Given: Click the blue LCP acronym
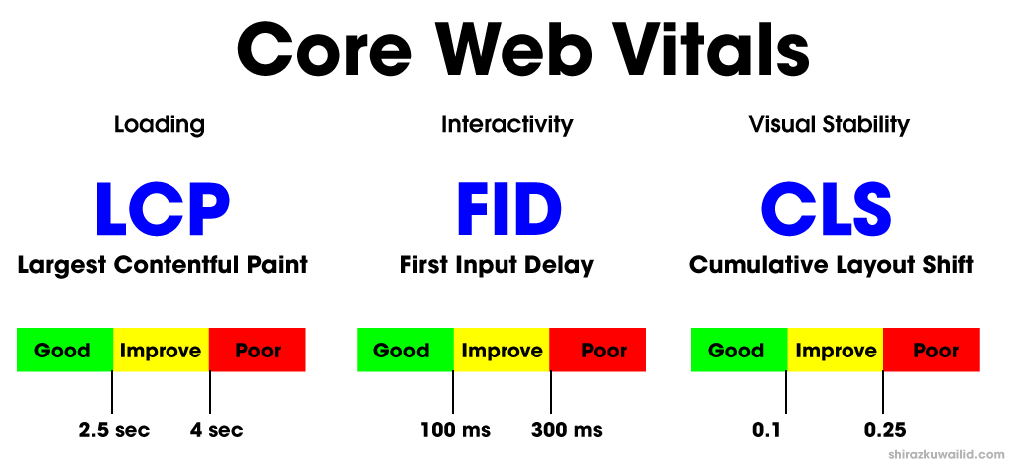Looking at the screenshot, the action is click(x=163, y=208).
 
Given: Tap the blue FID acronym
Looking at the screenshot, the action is click(x=508, y=208).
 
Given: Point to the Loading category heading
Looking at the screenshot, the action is click(x=160, y=124).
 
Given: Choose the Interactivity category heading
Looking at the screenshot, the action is click(x=507, y=124).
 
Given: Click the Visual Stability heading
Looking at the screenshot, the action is click(x=829, y=124).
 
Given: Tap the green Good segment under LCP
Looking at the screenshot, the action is click(x=65, y=350).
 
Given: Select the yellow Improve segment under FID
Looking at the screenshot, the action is click(x=502, y=350).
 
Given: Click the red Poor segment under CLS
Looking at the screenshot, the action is click(x=931, y=350).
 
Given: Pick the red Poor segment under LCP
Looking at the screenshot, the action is click(x=257, y=350).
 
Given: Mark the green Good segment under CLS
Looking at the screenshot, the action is click(x=739, y=350).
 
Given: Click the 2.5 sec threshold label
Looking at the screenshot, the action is click(x=114, y=430).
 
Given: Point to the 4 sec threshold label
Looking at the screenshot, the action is click(x=216, y=430).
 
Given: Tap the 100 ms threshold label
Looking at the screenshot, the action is click(x=455, y=430).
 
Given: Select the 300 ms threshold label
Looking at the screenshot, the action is click(x=567, y=430).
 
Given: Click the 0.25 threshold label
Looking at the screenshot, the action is click(x=885, y=430).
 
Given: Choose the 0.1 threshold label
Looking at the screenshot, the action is click(x=767, y=430).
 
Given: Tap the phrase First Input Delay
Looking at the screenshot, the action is click(x=497, y=265).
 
